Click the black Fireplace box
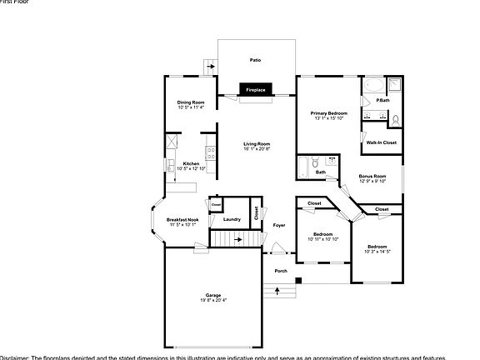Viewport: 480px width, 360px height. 255,88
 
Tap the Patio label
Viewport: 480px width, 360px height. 256,60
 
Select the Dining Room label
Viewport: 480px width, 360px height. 190,102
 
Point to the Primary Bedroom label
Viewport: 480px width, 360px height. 329,112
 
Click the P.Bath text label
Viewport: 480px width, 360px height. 382,101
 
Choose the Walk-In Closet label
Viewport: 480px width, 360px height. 381,142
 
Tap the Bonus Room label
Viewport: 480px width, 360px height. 372,176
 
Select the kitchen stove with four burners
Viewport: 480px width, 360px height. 211,153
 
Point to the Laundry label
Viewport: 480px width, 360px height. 232,219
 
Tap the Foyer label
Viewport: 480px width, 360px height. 279,225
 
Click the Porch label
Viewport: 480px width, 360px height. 281,271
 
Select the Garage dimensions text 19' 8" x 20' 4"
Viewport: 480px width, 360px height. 214,300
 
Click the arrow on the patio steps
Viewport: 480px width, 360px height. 209,64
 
